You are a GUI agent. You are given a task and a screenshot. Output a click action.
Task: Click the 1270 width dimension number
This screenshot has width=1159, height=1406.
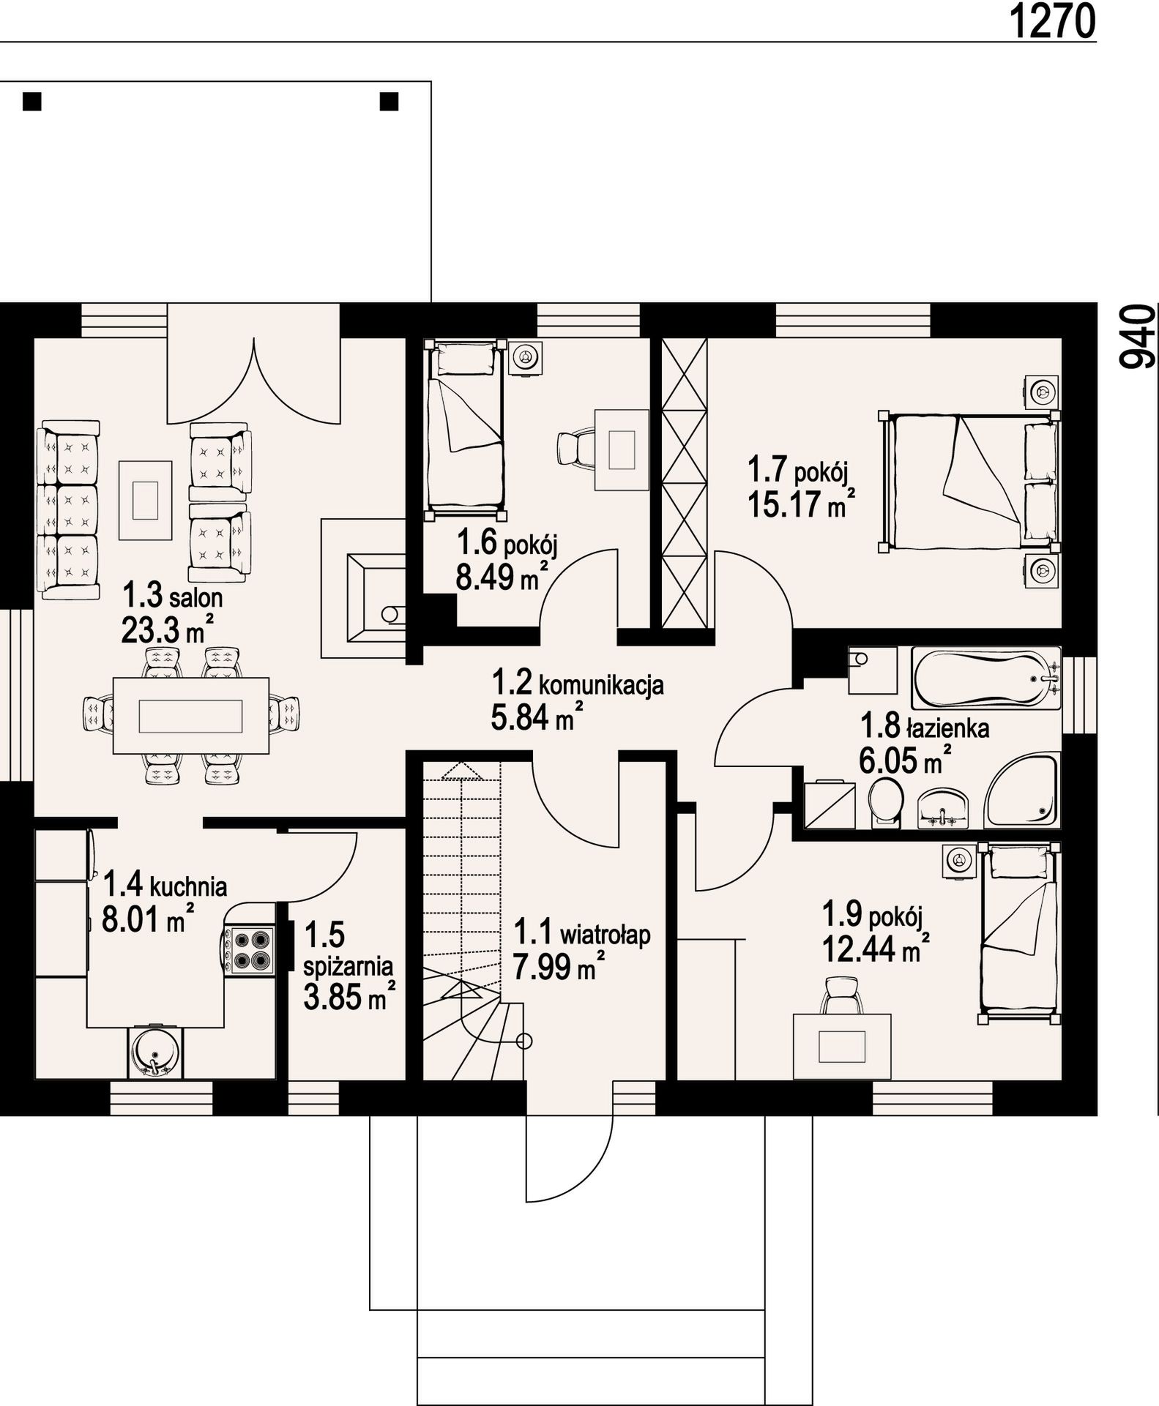[1053, 21]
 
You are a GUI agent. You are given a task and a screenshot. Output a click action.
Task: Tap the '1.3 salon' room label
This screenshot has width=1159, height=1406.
[172, 597]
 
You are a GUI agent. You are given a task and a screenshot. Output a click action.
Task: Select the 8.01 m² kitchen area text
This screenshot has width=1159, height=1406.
[149, 919]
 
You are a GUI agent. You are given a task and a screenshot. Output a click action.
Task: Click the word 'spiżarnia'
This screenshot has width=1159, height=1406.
[349, 967]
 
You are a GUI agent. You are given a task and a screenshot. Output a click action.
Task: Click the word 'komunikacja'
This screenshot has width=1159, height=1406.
[601, 685]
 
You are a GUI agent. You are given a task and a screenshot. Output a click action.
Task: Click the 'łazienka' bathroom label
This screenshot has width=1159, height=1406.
[948, 729]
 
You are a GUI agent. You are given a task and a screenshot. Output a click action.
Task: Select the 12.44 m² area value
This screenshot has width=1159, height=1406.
[876, 950]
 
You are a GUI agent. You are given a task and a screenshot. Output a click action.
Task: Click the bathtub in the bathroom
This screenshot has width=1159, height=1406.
[985, 678]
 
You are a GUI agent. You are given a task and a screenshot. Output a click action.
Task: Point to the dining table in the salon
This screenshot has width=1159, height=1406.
[191, 715]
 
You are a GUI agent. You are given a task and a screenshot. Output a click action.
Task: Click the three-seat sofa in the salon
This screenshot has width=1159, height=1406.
[68, 510]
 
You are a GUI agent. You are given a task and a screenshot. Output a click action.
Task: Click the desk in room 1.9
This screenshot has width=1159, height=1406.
[842, 1046]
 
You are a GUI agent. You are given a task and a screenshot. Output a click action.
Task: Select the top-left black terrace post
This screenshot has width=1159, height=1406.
[32, 101]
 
